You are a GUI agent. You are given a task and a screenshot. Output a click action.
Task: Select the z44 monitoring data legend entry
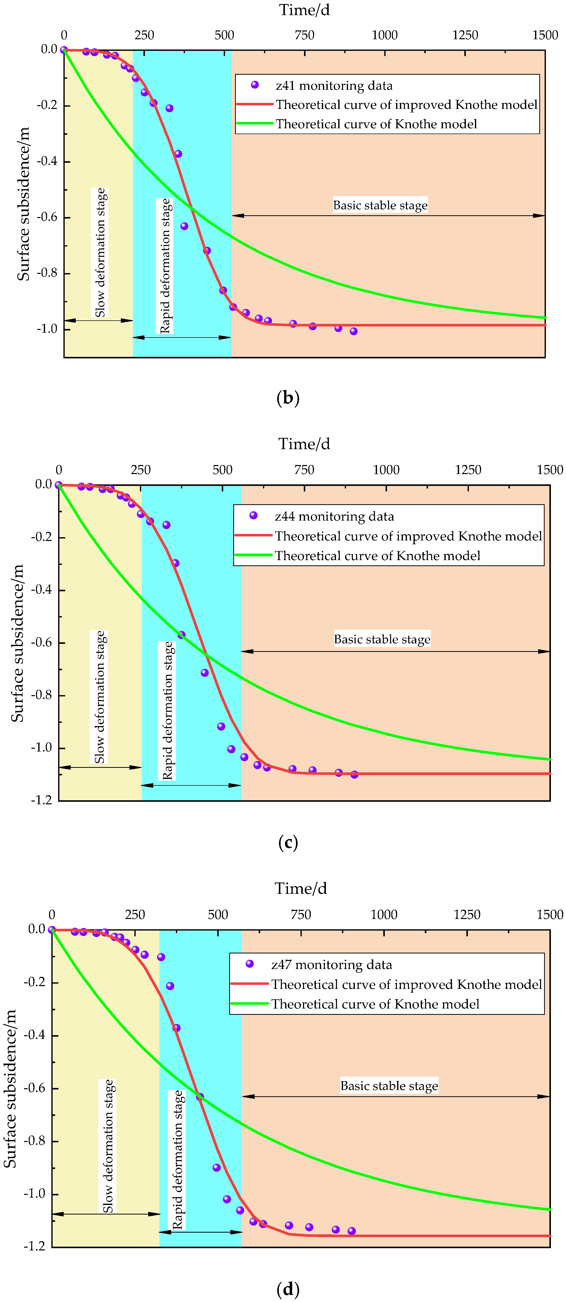[x=334, y=516]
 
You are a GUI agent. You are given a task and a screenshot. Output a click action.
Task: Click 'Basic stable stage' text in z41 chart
[x=380, y=205]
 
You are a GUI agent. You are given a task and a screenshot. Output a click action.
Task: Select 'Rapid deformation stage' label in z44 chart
[x=167, y=710]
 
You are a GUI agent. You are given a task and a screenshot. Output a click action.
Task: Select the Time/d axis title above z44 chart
[x=304, y=444]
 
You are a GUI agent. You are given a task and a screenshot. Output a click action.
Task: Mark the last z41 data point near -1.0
[x=354, y=331]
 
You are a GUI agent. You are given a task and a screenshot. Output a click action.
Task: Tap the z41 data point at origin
[x=64, y=50]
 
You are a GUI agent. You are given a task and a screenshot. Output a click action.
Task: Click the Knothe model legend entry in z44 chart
[x=377, y=556]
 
